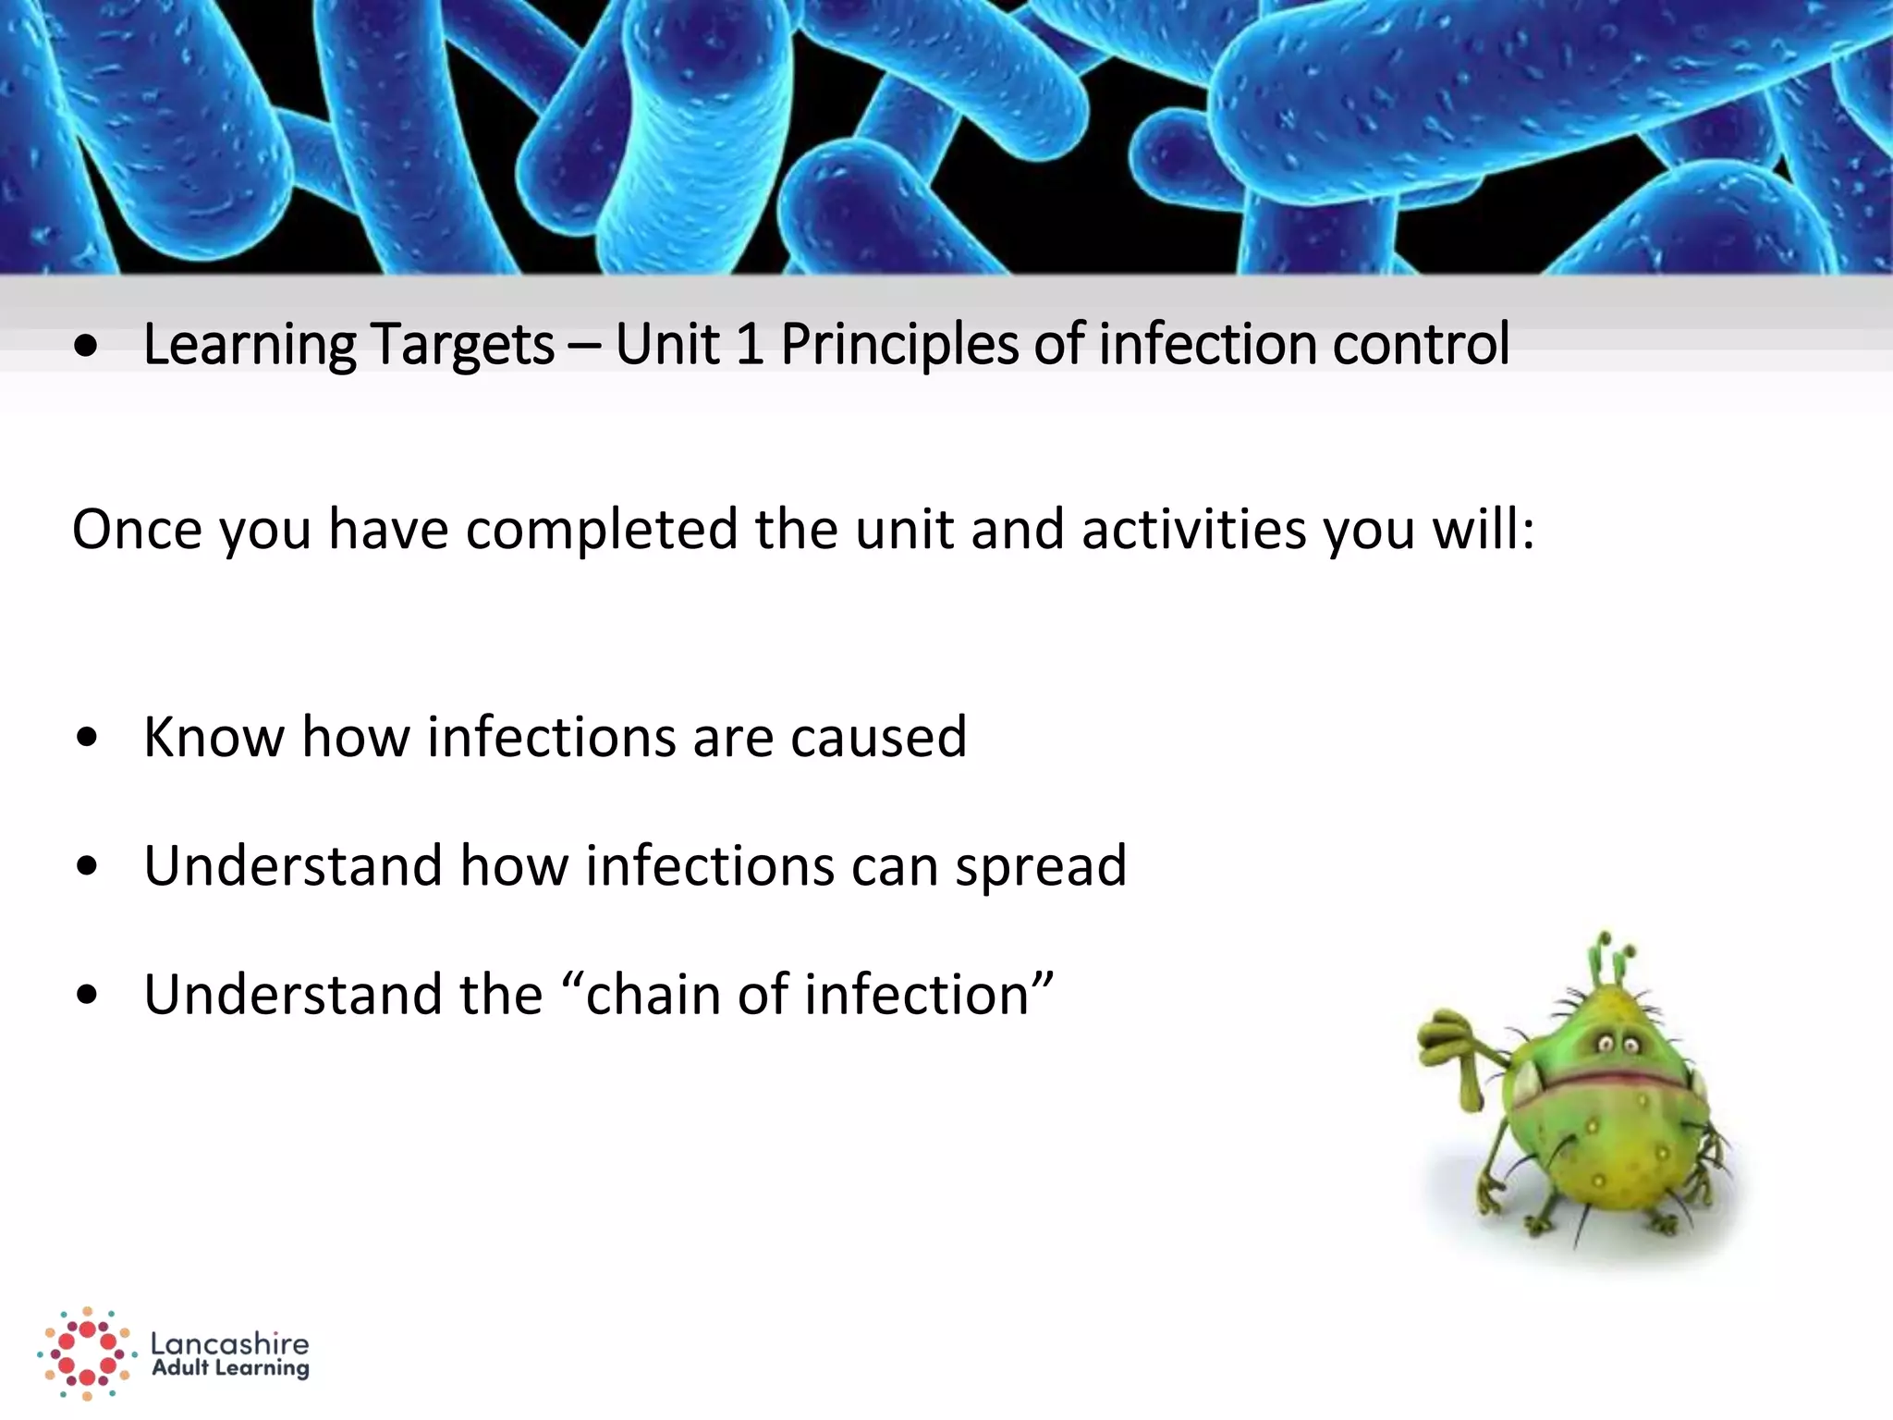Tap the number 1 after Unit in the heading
749,344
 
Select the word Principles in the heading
900,346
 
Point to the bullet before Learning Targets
87,348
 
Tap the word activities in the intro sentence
1192,531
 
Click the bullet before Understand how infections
87,867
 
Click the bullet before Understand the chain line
87,996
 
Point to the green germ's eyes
1617,1045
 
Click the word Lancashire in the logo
229,1343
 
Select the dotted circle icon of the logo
86,1353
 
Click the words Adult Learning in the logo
229,1368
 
